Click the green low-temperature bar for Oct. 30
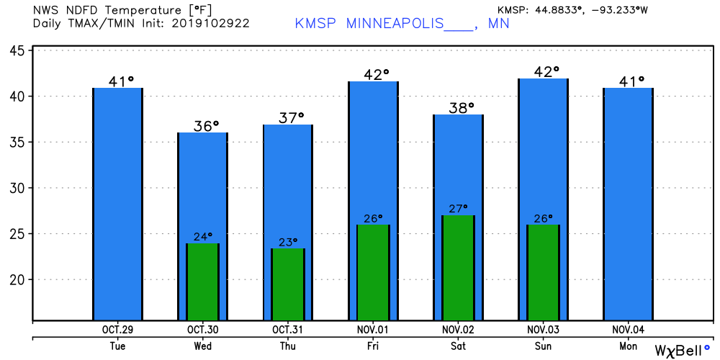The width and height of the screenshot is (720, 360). tap(202, 282)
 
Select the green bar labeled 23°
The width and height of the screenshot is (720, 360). tap(288, 284)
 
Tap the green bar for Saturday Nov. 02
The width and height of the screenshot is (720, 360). tap(458, 268)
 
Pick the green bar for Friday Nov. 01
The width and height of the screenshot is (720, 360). tap(373, 272)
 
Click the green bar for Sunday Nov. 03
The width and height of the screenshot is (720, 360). tap(543, 272)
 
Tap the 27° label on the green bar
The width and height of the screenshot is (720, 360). tap(458, 208)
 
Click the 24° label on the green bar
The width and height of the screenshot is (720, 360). tap(203, 235)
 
